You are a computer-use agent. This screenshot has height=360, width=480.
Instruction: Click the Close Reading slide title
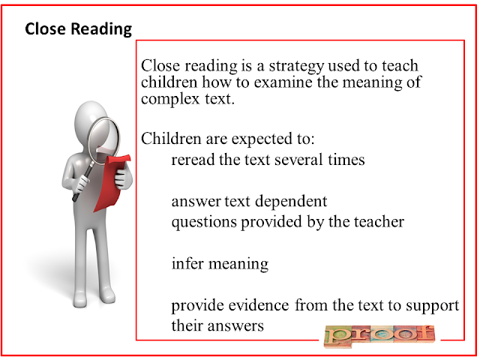78,29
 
